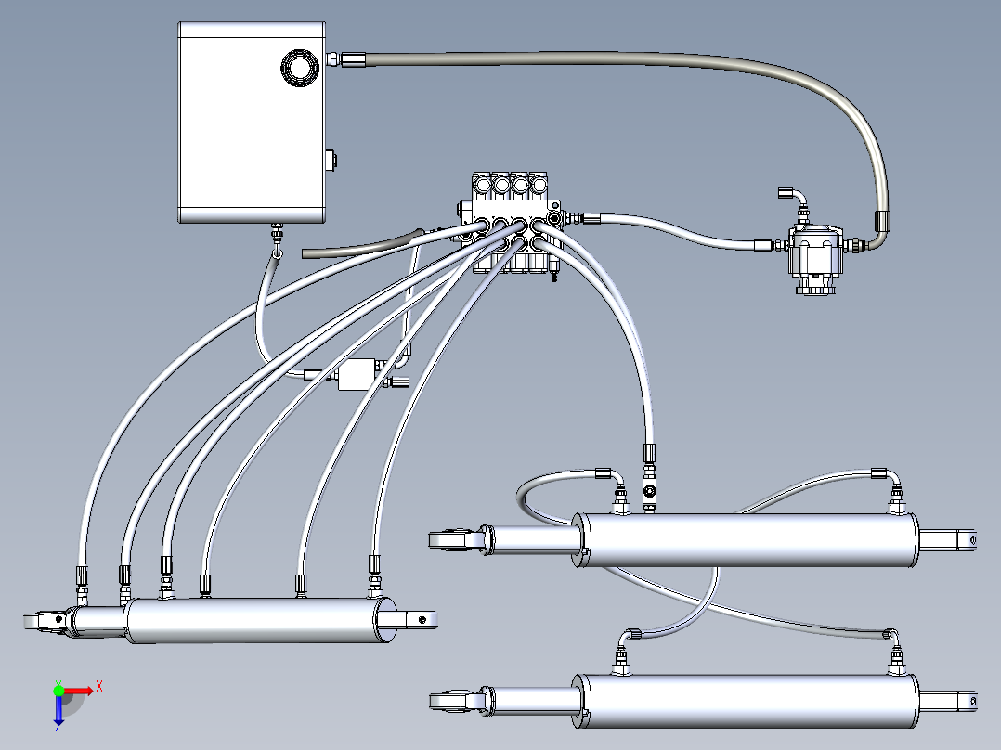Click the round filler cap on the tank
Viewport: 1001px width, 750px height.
300,68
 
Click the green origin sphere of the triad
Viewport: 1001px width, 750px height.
58,690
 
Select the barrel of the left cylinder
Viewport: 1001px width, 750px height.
251,620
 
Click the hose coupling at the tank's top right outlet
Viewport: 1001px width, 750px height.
356,60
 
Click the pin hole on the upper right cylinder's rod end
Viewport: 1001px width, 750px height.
971,539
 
